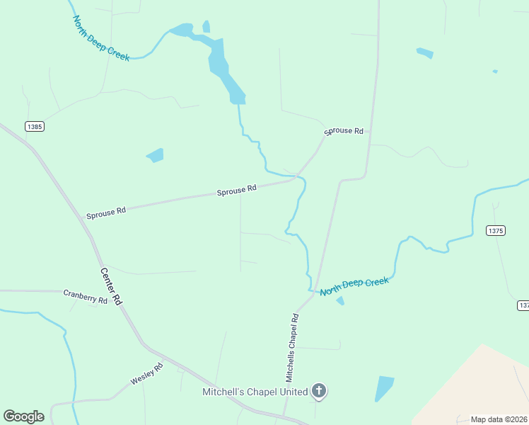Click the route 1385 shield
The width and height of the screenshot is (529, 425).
click(34, 126)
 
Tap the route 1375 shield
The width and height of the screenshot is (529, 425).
click(496, 230)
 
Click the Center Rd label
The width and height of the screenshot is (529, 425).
click(111, 286)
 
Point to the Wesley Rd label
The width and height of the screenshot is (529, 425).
click(146, 374)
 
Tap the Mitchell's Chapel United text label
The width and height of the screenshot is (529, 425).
click(255, 392)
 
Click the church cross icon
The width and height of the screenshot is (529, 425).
click(320, 391)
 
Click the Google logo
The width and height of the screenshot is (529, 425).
click(23, 416)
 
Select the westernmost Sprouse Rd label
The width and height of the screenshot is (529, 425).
click(106, 212)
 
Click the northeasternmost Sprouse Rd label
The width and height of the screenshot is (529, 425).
click(344, 131)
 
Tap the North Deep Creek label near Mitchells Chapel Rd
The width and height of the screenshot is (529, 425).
click(354, 287)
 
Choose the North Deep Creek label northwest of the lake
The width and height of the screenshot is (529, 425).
click(101, 38)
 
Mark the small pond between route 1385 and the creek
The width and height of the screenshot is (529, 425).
click(155, 155)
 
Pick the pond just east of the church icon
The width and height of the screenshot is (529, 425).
click(384, 388)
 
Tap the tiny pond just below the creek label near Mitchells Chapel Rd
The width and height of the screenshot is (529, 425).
click(340, 301)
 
